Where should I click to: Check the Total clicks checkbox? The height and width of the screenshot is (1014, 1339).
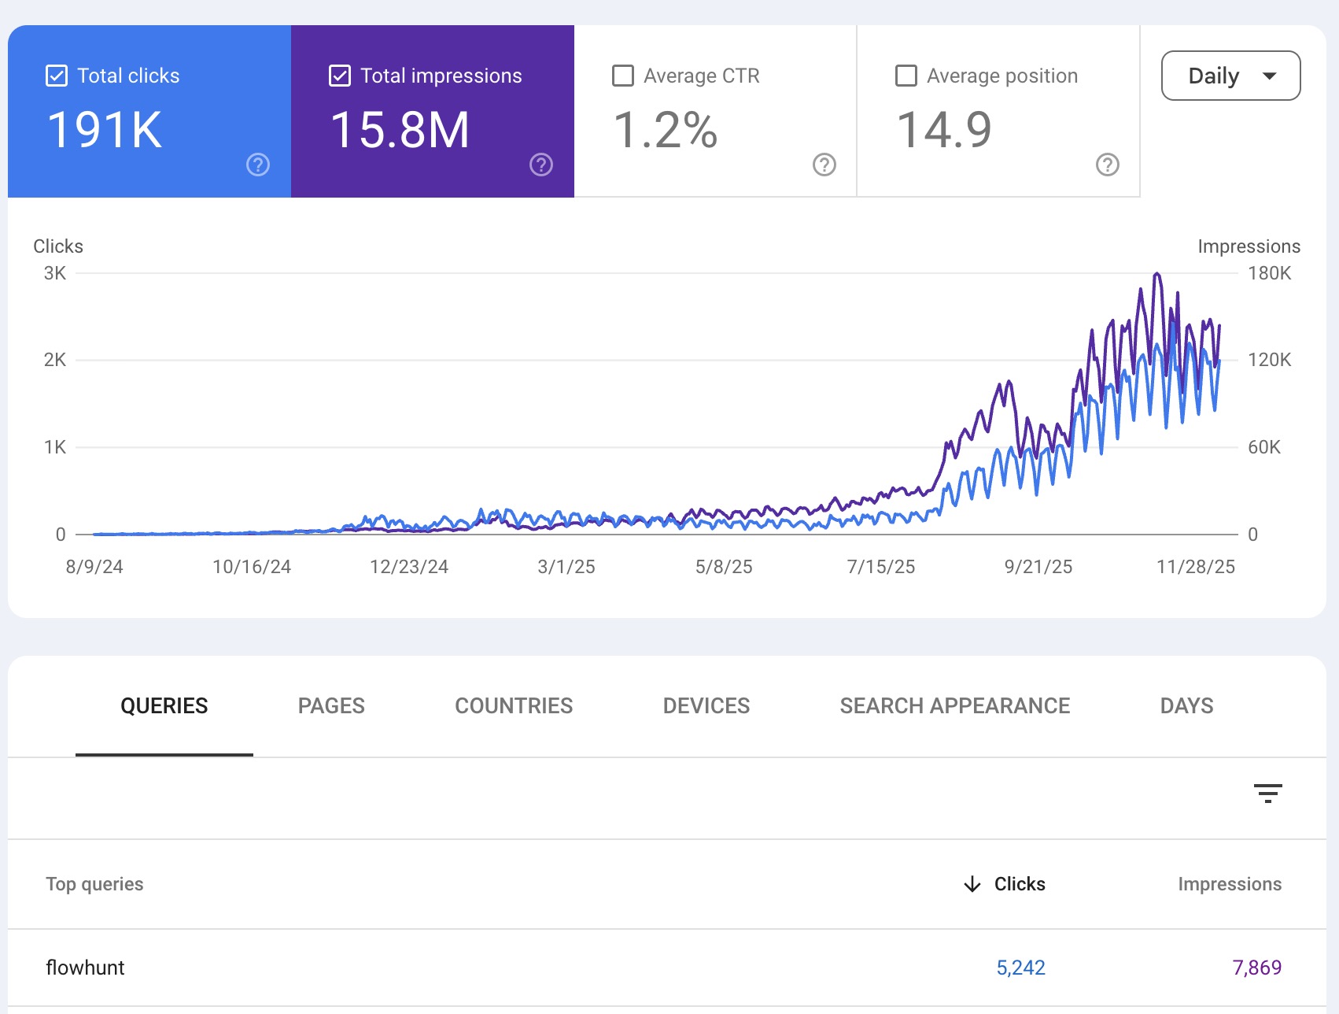click(x=57, y=76)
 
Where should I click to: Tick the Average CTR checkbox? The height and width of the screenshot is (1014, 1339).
click(x=623, y=76)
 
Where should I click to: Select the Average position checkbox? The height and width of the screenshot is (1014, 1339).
click(x=906, y=76)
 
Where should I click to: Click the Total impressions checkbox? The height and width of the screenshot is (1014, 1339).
click(x=340, y=76)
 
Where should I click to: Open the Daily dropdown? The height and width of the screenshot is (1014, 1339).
click(x=1230, y=76)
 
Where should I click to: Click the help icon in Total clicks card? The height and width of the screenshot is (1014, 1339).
click(x=258, y=165)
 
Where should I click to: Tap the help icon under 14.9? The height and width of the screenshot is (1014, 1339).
click(x=1108, y=165)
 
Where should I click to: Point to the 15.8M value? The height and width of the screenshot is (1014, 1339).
click(x=400, y=130)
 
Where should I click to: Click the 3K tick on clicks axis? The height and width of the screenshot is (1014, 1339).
click(x=55, y=273)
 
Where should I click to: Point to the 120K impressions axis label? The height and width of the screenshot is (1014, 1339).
click(x=1269, y=360)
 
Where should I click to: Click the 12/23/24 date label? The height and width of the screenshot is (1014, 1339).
click(x=409, y=567)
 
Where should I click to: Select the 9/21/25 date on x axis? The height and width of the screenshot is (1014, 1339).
click(x=1038, y=567)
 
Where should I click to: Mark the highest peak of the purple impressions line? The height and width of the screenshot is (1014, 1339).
click(x=1156, y=274)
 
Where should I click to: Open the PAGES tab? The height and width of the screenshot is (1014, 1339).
click(x=331, y=705)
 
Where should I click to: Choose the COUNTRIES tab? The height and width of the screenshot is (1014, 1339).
click(x=514, y=705)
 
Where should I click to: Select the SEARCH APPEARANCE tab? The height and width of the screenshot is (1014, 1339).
click(x=954, y=705)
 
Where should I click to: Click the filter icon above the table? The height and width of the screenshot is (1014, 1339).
click(x=1267, y=793)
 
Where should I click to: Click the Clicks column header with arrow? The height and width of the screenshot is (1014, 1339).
click(x=1005, y=884)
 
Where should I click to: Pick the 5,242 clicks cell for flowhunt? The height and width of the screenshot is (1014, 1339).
click(x=1020, y=968)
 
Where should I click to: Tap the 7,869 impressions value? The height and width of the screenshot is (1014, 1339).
click(x=1256, y=968)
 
